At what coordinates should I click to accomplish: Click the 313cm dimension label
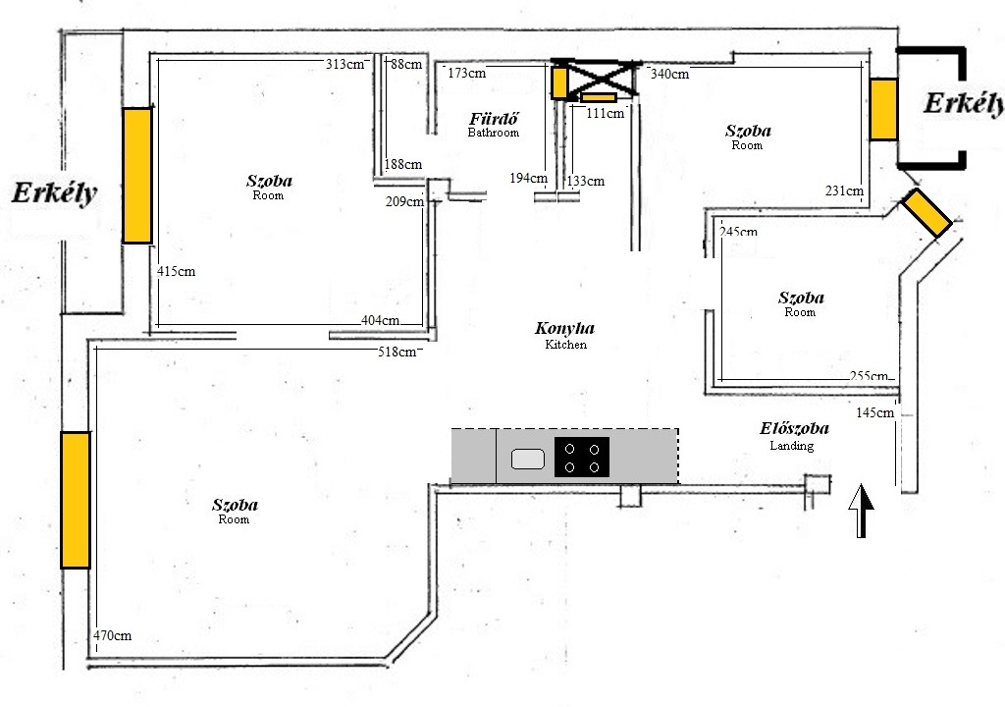(x=344, y=64)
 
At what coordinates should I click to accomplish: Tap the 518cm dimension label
(x=397, y=352)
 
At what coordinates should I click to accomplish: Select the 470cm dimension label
(x=112, y=635)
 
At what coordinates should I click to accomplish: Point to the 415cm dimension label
(x=177, y=271)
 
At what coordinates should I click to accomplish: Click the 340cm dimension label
(x=669, y=74)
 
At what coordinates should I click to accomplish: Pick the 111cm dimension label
(x=605, y=114)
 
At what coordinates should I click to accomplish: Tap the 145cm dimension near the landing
(x=874, y=412)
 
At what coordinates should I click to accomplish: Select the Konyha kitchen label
(x=564, y=335)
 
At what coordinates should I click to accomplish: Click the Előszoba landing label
(x=794, y=436)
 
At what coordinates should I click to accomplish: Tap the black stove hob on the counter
(x=581, y=457)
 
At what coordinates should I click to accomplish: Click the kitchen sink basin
(x=527, y=460)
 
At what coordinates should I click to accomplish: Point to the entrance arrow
(x=861, y=511)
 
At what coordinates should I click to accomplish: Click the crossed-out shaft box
(x=597, y=78)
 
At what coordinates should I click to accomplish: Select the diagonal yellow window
(x=926, y=212)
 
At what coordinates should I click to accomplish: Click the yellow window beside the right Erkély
(x=883, y=109)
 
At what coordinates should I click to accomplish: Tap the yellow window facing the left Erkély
(x=137, y=175)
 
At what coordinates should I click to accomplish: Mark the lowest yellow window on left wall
(x=76, y=500)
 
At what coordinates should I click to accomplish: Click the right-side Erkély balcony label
(x=964, y=103)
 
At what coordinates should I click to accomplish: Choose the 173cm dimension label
(x=466, y=73)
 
